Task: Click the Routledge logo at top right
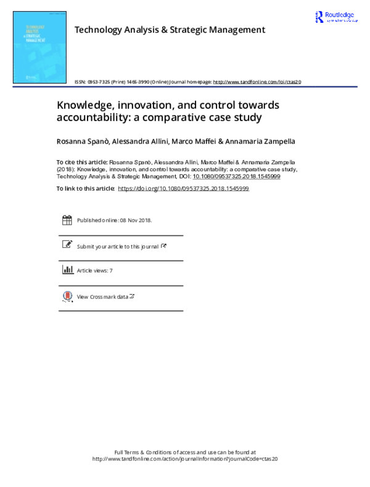335,18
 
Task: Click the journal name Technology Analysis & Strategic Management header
170,30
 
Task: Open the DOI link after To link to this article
183,188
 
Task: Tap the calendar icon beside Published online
67,220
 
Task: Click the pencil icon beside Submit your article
67,245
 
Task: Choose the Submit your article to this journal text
118,246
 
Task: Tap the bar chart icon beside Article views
67,270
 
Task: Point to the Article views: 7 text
95,271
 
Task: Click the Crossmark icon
67,296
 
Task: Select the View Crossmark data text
102,297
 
